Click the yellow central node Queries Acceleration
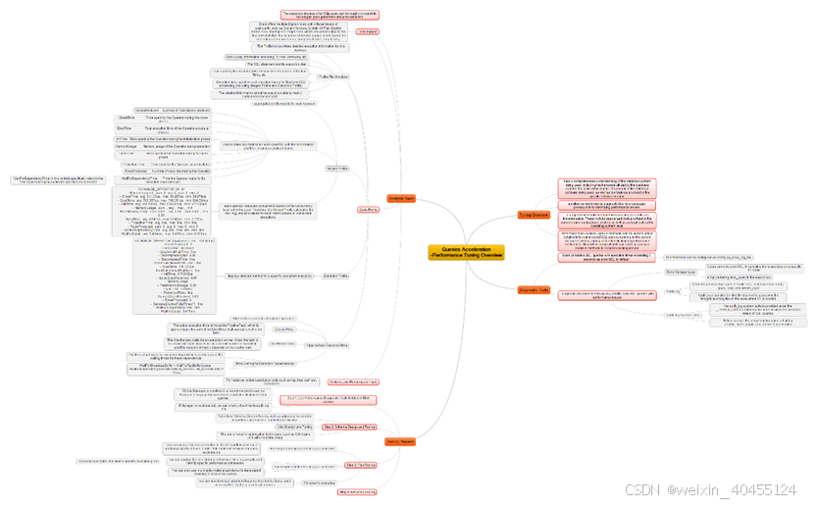coord(466,252)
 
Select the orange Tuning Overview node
coord(534,215)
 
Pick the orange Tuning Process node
coord(399,441)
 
